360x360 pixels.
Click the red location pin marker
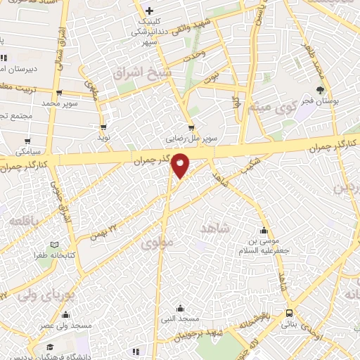coord(181,165)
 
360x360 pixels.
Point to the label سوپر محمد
coord(58,103)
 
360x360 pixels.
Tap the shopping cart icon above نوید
coord(104,128)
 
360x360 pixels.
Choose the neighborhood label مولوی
coord(155,244)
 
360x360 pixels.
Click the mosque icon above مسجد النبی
coord(181,307)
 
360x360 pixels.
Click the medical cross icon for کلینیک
coord(149,11)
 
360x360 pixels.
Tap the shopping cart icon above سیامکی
coord(27,141)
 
